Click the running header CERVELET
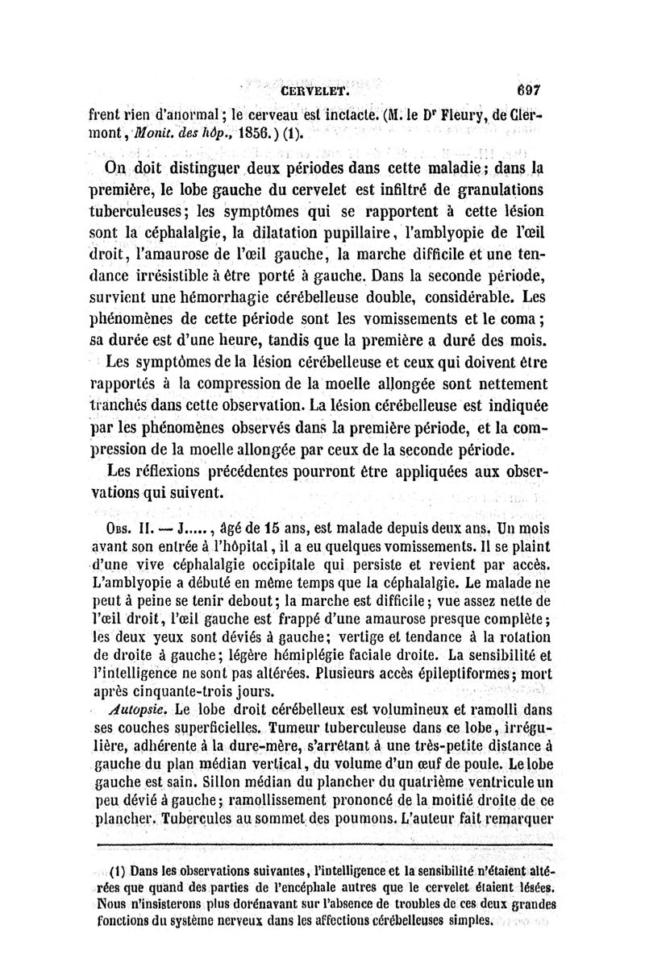tap(314, 92)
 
